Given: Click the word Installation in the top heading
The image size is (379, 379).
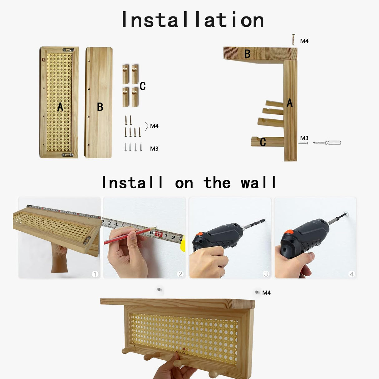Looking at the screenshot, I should pos(193,20).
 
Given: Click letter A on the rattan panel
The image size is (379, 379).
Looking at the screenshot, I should pos(60,107).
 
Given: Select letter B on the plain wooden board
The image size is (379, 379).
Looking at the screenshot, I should pos(100,107).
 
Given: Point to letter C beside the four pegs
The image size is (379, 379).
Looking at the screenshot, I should pos(143,86).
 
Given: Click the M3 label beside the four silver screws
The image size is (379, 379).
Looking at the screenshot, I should pos(154,149).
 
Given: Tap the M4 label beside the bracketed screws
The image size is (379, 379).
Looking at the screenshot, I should pos(154,126).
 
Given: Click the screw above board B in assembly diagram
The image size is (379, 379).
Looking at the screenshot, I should pos(293,40).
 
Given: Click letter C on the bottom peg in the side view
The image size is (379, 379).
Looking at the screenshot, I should pos(263,142).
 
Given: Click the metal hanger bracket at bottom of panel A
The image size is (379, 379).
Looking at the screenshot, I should pos(67,155).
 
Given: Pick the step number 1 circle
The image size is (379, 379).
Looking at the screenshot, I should pos(95,274).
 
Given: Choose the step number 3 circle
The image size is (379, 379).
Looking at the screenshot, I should pos(266,274).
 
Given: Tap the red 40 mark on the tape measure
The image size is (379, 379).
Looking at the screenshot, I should pos(158,234).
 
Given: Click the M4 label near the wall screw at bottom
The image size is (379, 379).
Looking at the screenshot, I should pos(266,293).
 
